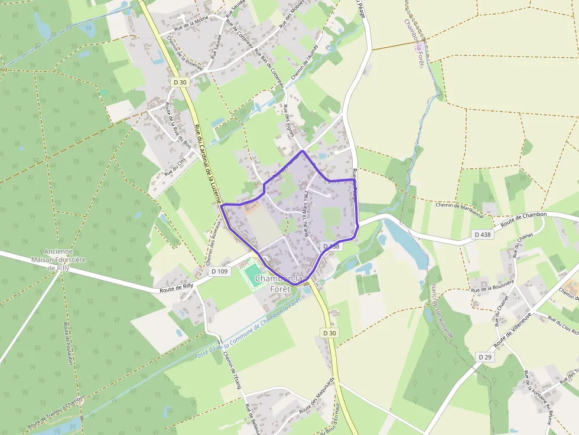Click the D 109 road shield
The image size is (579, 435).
[x=219, y=272]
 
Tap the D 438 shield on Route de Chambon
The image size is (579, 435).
[x=483, y=235]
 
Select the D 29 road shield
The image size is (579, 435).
[x=484, y=357]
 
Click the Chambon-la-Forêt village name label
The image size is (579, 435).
[x=280, y=284]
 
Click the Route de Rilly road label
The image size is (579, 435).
[x=176, y=288]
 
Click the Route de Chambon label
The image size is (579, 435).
[x=523, y=219]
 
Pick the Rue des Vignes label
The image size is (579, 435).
[x=291, y=121]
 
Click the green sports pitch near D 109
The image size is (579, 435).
[x=253, y=274]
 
